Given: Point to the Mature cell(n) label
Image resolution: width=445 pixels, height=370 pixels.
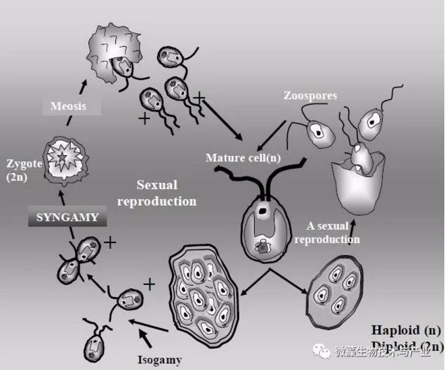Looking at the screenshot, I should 243,159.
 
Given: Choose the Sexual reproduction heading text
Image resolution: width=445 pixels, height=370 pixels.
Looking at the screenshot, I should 166,192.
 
